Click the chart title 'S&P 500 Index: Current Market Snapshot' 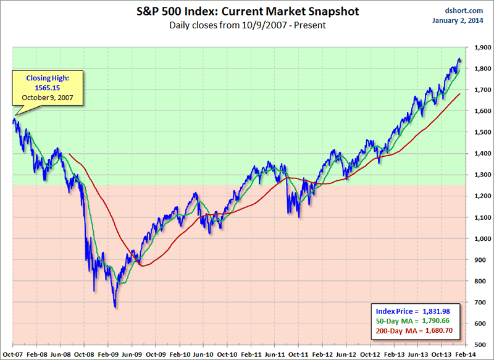pyautogui.click(x=248, y=12)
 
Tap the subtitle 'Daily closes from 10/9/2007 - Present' pyautogui.click(x=248, y=25)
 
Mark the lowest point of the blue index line pyautogui.click(x=115, y=307)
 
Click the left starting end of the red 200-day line pyautogui.click(x=69, y=154)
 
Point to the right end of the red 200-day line pyautogui.click(x=460, y=94)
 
